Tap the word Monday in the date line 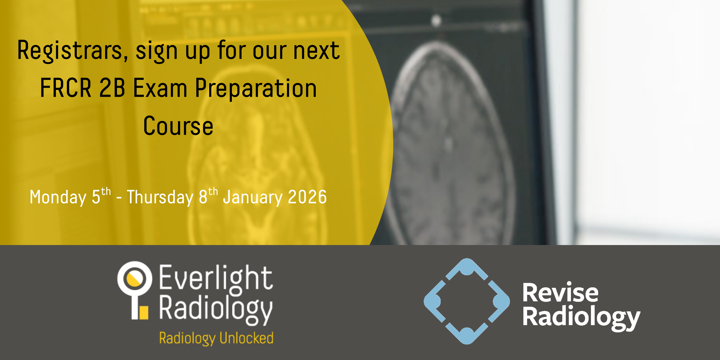pos(58,197)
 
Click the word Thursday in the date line pos(160,197)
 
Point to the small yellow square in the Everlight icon pos(144,312)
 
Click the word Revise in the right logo pos(560,293)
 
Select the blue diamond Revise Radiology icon pos(466,301)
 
